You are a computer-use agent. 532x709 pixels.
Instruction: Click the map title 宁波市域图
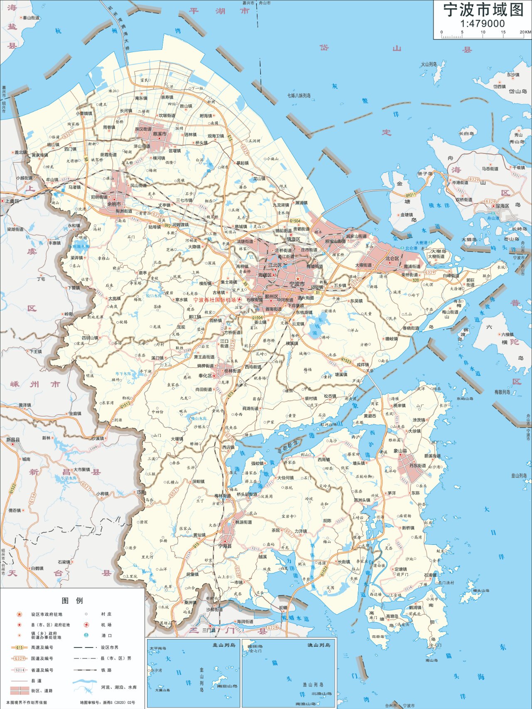pyautogui.click(x=483, y=10)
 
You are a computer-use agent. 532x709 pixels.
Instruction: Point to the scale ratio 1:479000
pyautogui.click(x=482, y=24)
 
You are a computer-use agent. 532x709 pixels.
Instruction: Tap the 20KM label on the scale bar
pyautogui.click(x=525, y=32)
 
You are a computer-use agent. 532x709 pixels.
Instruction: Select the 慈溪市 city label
pyautogui.click(x=160, y=134)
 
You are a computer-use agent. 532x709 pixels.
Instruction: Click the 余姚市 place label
pyautogui.click(x=114, y=204)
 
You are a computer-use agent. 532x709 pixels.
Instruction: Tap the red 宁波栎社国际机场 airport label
pyautogui.click(x=214, y=300)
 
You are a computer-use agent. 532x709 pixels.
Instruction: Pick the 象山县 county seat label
pyautogui.click(x=400, y=451)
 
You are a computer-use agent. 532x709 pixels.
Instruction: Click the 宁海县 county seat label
pyautogui.click(x=225, y=546)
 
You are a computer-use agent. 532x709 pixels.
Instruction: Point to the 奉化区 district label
pyautogui.click(x=205, y=376)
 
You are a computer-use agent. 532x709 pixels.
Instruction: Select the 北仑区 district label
pyautogui.click(x=392, y=258)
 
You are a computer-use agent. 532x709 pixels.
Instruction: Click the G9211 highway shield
pyautogui.click(x=411, y=194)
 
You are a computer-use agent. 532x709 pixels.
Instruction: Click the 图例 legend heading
pyautogui.click(x=72, y=601)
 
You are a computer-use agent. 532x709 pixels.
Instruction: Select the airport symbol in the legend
pyautogui.click(x=86, y=625)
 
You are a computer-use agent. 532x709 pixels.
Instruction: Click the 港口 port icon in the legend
pyautogui.click(x=86, y=635)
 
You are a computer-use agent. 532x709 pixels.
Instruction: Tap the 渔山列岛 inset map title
pyautogui.click(x=319, y=645)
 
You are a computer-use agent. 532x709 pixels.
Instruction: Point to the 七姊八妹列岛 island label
pyautogui.click(x=299, y=96)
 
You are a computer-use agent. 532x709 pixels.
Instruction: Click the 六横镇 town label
pyautogui.click(x=507, y=334)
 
